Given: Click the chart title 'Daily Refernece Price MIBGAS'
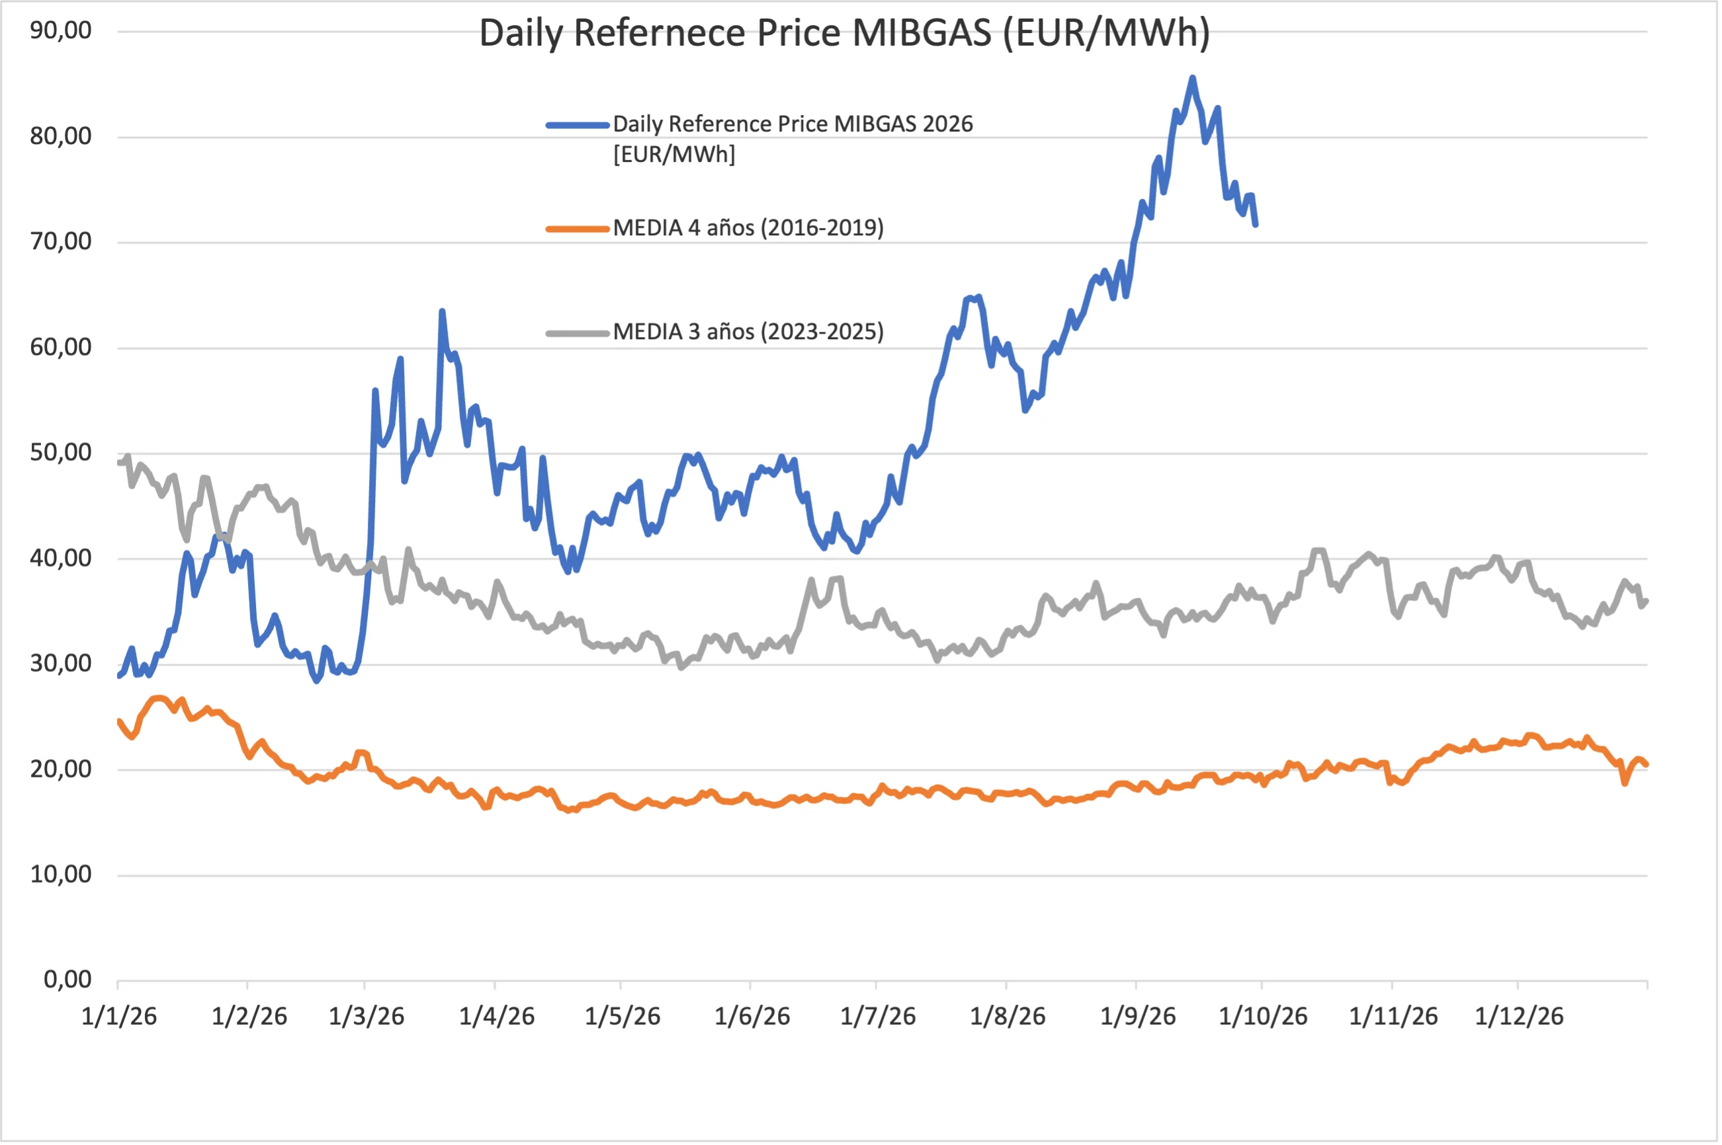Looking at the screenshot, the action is click(736, 34).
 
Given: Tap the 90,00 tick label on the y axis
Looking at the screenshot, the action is click(61, 30).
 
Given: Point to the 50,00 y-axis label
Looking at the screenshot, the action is click(61, 453).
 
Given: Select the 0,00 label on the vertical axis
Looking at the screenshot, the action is click(68, 980).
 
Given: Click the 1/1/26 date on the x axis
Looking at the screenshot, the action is click(119, 1017).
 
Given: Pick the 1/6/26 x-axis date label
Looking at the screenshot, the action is click(752, 1017).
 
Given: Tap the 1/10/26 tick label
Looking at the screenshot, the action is click(1263, 1017).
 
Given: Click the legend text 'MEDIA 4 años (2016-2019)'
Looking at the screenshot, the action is click(748, 229).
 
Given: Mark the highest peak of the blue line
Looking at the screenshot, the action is click(1192, 77).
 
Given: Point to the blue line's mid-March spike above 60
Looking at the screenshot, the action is click(442, 311).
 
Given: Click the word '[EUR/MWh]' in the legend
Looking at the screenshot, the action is click(674, 155).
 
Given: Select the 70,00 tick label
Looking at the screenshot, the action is click(61, 242).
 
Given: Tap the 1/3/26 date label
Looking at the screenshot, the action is click(366, 1017).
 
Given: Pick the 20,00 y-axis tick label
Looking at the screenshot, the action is click(61, 769).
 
